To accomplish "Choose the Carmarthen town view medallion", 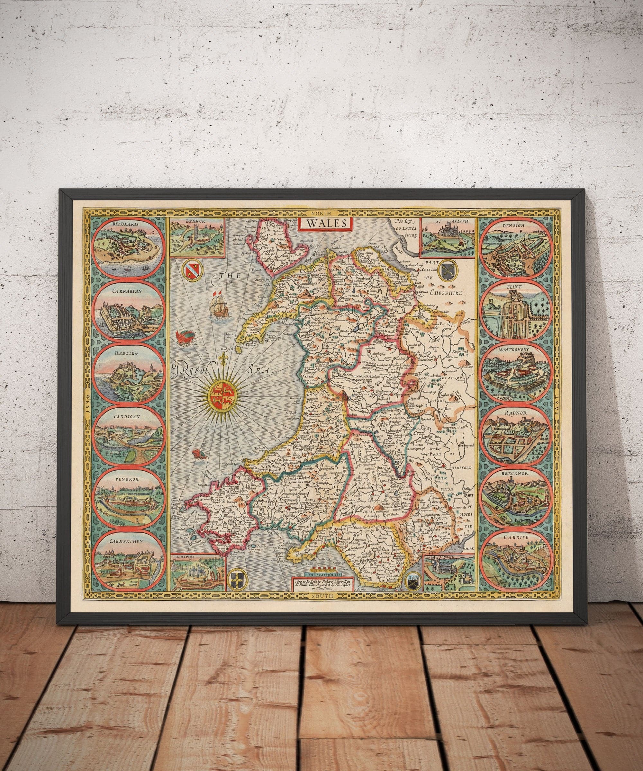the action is click(128, 560).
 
